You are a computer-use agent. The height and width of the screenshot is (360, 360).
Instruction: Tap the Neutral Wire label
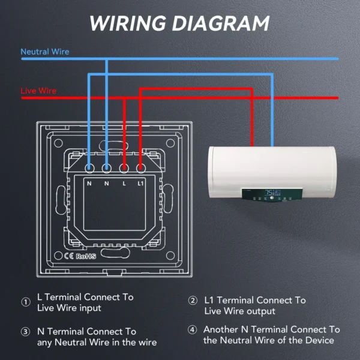tap(45, 52)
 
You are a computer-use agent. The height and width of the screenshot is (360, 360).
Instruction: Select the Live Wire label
tap(38, 91)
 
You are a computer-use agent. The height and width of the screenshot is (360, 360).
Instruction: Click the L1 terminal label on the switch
tap(140, 183)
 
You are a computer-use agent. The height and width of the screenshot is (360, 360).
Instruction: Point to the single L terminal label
tap(124, 183)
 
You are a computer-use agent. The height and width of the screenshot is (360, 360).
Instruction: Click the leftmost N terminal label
tap(89, 183)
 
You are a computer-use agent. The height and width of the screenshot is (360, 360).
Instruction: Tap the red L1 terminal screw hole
tap(140, 169)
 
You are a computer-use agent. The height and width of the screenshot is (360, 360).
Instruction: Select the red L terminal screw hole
tap(124, 169)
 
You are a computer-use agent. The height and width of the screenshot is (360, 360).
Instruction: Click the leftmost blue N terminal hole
tap(89, 169)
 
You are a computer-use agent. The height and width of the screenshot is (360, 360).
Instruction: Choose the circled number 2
tap(193, 301)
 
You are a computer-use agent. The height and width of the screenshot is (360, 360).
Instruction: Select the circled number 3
tap(26, 332)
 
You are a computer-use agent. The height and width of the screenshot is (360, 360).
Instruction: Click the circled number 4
tap(192, 329)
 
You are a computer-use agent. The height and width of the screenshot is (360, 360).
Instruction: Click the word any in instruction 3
tap(46, 343)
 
